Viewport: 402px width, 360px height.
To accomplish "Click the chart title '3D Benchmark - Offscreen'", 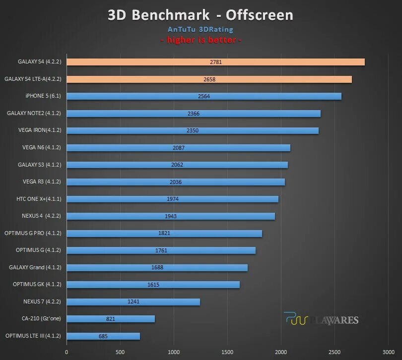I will coord(201,15).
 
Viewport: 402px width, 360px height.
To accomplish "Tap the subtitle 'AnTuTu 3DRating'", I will coord(201,30).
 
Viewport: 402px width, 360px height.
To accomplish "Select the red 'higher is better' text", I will coord(201,40).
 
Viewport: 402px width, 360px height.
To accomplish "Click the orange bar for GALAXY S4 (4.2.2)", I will coord(215,62).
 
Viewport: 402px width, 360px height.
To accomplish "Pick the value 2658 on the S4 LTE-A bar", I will coord(209,79).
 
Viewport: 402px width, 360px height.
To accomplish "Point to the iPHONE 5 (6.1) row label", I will coord(43,96).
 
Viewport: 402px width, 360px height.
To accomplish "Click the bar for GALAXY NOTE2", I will coord(194,114).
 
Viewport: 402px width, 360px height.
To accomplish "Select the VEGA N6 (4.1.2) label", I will coord(42,147).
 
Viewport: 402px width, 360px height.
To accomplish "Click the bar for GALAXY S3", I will coord(177,165).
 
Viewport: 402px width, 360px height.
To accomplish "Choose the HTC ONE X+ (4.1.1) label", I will coord(39,199).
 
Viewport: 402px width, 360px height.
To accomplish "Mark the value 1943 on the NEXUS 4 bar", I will coord(171,216).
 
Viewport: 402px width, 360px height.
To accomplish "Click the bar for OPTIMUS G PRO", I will coord(164,233).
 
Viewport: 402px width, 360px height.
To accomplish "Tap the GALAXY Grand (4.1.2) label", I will coord(35,267).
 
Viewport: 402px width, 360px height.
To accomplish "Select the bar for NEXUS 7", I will coord(133,301).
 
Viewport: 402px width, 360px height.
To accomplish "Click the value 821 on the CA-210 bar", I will coord(110,319).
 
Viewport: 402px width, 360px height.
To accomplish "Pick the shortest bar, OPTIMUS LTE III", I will coord(103,336).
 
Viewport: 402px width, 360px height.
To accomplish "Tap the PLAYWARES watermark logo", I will coord(321,319).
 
